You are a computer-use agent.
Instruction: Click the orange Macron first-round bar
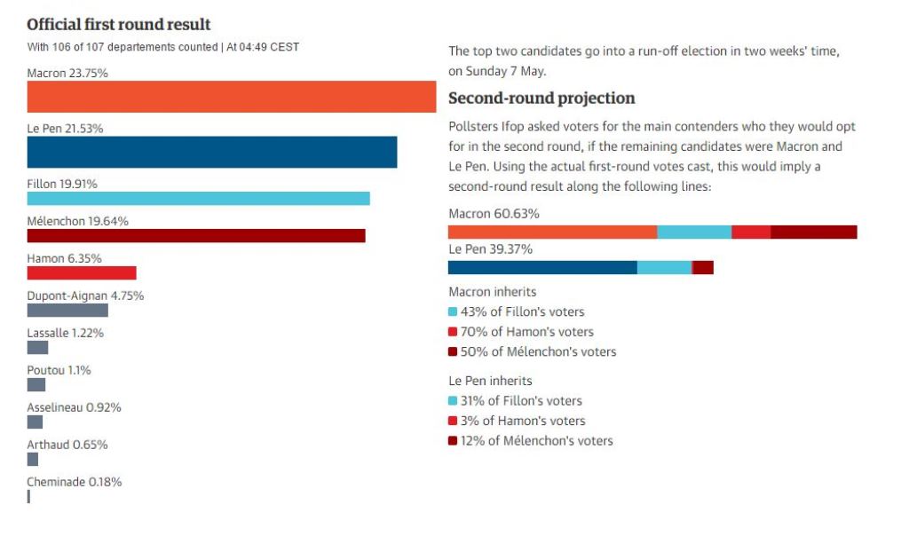pyautogui.click(x=231, y=97)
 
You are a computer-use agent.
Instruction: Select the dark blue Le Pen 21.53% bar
pyautogui.click(x=211, y=152)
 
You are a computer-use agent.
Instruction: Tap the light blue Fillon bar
pyautogui.click(x=198, y=198)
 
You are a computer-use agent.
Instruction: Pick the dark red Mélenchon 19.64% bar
pyautogui.click(x=196, y=235)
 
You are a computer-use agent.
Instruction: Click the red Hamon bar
pyautogui.click(x=82, y=272)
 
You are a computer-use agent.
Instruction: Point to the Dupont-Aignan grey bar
pyautogui.click(x=67, y=310)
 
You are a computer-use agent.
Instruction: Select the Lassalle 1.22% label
pyautogui.click(x=66, y=333)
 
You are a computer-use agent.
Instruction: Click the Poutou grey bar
pyautogui.click(x=36, y=384)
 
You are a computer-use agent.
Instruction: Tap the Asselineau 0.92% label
pyautogui.click(x=74, y=407)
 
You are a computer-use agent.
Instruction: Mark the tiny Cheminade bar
pyautogui.click(x=28, y=496)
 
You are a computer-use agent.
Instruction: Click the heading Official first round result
pyautogui.click(x=119, y=24)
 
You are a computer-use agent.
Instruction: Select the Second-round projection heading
pyautogui.click(x=541, y=98)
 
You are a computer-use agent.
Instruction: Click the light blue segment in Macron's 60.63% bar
pyautogui.click(x=694, y=232)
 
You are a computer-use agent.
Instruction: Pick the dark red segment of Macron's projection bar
pyautogui.click(x=813, y=232)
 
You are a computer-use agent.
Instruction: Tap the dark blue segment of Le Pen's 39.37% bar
pyautogui.click(x=542, y=267)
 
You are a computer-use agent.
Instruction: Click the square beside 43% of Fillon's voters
pyautogui.click(x=453, y=311)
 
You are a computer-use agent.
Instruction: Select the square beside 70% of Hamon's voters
pyautogui.click(x=453, y=332)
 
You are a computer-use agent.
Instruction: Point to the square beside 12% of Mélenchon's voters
pyautogui.click(x=453, y=440)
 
